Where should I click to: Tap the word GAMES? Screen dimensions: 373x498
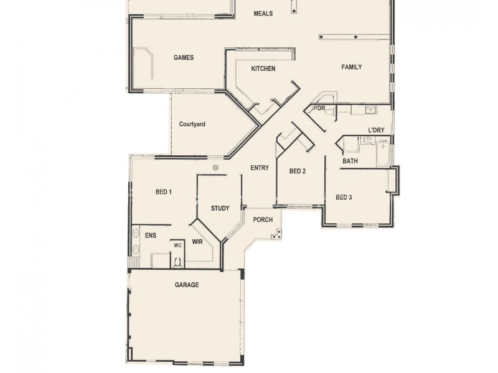point(184,57)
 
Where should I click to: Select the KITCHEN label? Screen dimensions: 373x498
point(263,68)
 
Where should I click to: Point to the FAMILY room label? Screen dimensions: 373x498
point(351,67)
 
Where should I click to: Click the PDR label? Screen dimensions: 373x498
point(319,108)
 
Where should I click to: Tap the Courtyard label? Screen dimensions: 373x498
point(192,124)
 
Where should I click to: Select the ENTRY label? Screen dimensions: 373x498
point(259,168)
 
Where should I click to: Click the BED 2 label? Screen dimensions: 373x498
point(298,171)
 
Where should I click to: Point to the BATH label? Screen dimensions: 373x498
point(350,162)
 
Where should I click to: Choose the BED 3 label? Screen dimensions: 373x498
point(344,197)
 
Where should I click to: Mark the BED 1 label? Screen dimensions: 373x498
point(163,192)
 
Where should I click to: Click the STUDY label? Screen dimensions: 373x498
point(220,208)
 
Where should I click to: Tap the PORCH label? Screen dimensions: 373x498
point(263,220)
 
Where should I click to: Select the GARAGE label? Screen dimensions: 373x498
point(186,285)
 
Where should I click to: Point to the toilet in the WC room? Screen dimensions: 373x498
point(177,261)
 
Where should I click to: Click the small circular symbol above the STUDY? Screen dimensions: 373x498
point(215,167)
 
